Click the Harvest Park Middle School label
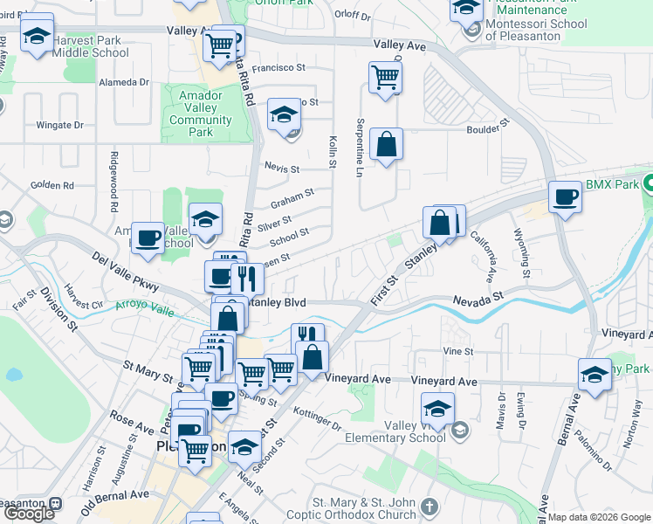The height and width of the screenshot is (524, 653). point(90,46)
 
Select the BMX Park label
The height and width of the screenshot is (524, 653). point(612,184)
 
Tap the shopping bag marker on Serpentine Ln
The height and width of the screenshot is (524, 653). point(386,145)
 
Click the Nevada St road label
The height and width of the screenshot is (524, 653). point(478,300)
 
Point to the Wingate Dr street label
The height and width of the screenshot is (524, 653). point(59,125)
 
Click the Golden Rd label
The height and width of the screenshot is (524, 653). point(52,185)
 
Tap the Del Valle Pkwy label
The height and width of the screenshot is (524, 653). point(127,272)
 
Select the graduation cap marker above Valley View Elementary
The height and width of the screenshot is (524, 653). point(437,407)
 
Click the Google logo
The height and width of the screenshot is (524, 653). point(29,513)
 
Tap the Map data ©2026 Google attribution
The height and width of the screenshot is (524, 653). point(599,517)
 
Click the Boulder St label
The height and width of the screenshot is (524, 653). point(485,128)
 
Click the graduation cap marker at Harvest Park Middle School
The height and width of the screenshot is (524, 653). point(36,37)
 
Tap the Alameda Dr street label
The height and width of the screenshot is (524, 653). point(125,82)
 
